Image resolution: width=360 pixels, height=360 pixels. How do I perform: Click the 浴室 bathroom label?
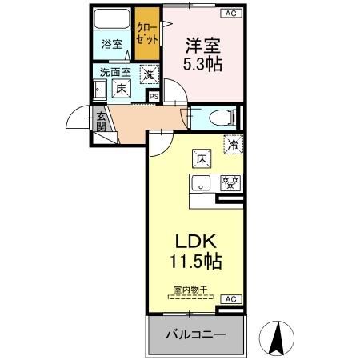point(112,45)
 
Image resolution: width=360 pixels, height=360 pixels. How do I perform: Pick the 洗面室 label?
point(114,73)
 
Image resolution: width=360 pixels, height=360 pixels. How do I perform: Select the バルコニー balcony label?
point(194,335)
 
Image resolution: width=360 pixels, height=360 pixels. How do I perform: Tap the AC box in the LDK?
point(230,299)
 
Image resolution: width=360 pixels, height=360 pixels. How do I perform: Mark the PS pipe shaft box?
point(154,98)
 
